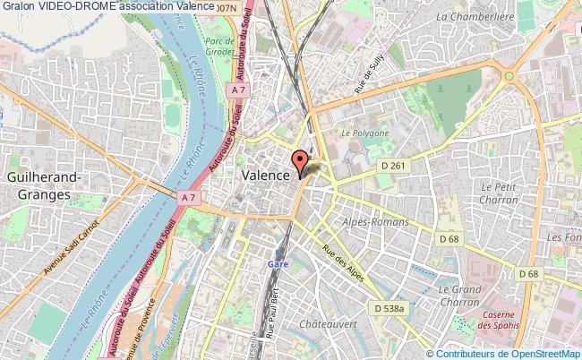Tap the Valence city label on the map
265,176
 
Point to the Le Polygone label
365,133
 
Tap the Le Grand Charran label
459,296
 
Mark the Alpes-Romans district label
376,221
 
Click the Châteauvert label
329,323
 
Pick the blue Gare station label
278,265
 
